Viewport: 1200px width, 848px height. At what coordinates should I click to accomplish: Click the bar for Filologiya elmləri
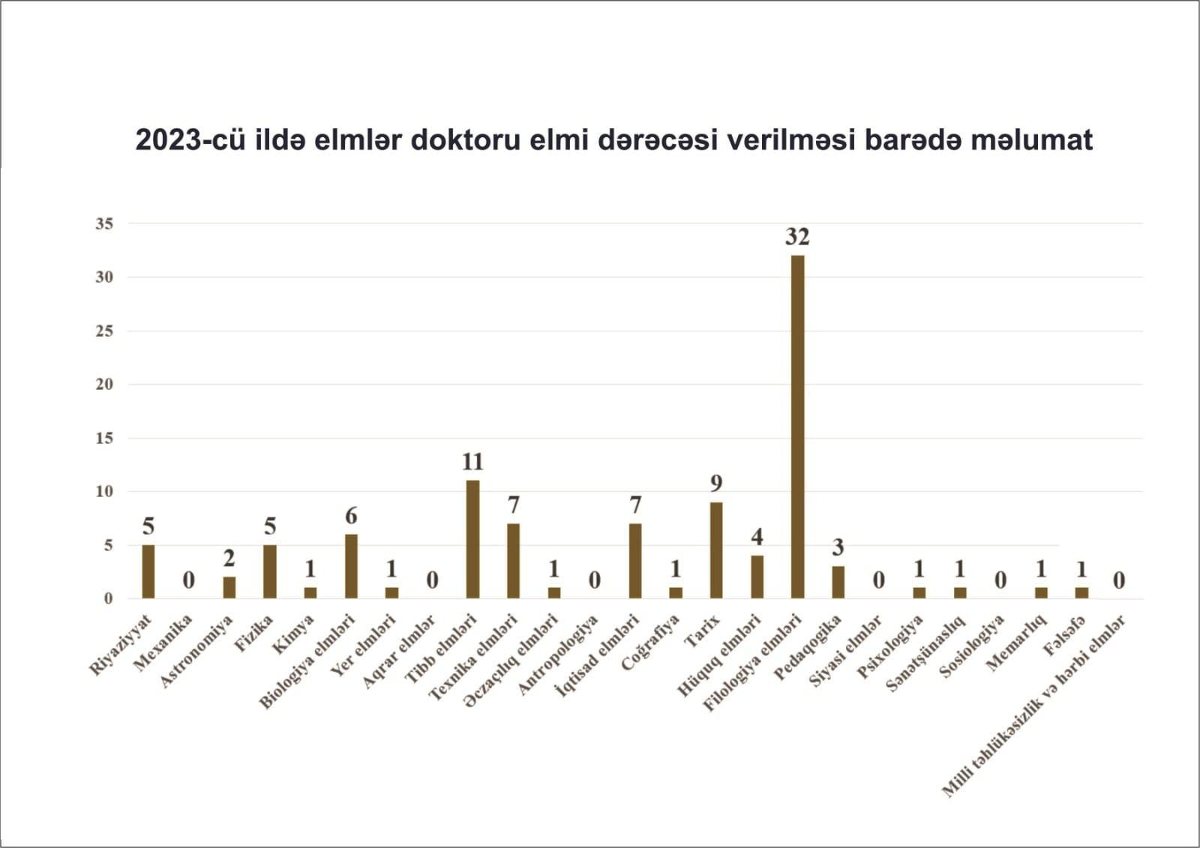(797, 427)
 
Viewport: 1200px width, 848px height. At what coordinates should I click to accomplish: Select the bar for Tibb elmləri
(472, 539)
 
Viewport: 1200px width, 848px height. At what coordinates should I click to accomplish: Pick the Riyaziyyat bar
(148, 571)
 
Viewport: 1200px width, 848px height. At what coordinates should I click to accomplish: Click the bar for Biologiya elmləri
(351, 566)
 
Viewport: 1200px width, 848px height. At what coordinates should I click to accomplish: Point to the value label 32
(797, 237)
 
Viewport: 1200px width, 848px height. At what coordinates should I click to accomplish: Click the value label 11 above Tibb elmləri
(472, 461)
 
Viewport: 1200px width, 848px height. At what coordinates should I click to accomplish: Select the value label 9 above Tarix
(716, 483)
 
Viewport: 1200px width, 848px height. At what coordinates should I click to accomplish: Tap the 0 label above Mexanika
(189, 580)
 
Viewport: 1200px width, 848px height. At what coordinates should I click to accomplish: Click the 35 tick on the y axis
(104, 223)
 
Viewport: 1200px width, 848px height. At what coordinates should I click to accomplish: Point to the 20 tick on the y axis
(104, 384)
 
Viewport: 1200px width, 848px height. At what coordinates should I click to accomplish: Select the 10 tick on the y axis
(104, 491)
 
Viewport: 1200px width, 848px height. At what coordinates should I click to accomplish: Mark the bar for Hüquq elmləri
(757, 577)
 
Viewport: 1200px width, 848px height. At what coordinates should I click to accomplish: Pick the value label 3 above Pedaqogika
(838, 547)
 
